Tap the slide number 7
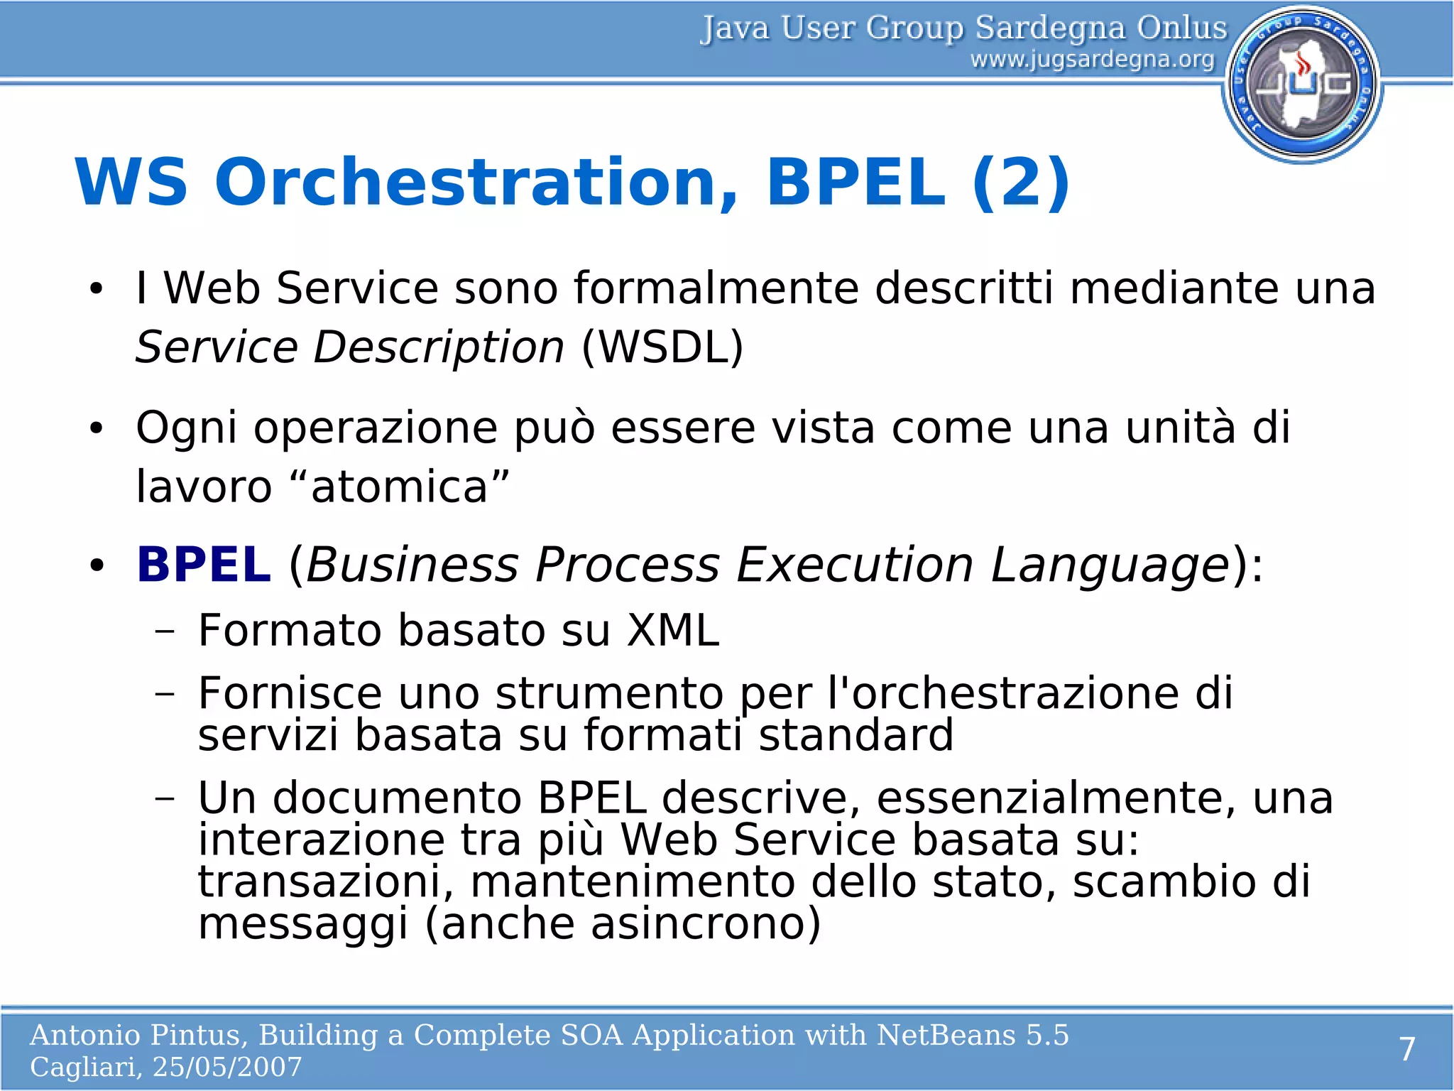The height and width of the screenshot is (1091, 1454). point(1407,1049)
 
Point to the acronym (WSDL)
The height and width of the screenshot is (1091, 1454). point(662,347)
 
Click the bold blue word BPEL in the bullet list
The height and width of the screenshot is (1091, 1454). point(204,565)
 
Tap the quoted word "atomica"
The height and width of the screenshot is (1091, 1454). point(400,487)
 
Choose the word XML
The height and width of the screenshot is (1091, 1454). point(672,631)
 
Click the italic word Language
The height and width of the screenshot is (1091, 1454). point(1110,566)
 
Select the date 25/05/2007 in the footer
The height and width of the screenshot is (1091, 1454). point(227,1067)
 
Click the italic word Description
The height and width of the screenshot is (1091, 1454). point(438,348)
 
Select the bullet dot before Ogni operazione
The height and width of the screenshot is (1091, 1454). point(97,428)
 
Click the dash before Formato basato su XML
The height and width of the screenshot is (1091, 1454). point(165,631)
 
